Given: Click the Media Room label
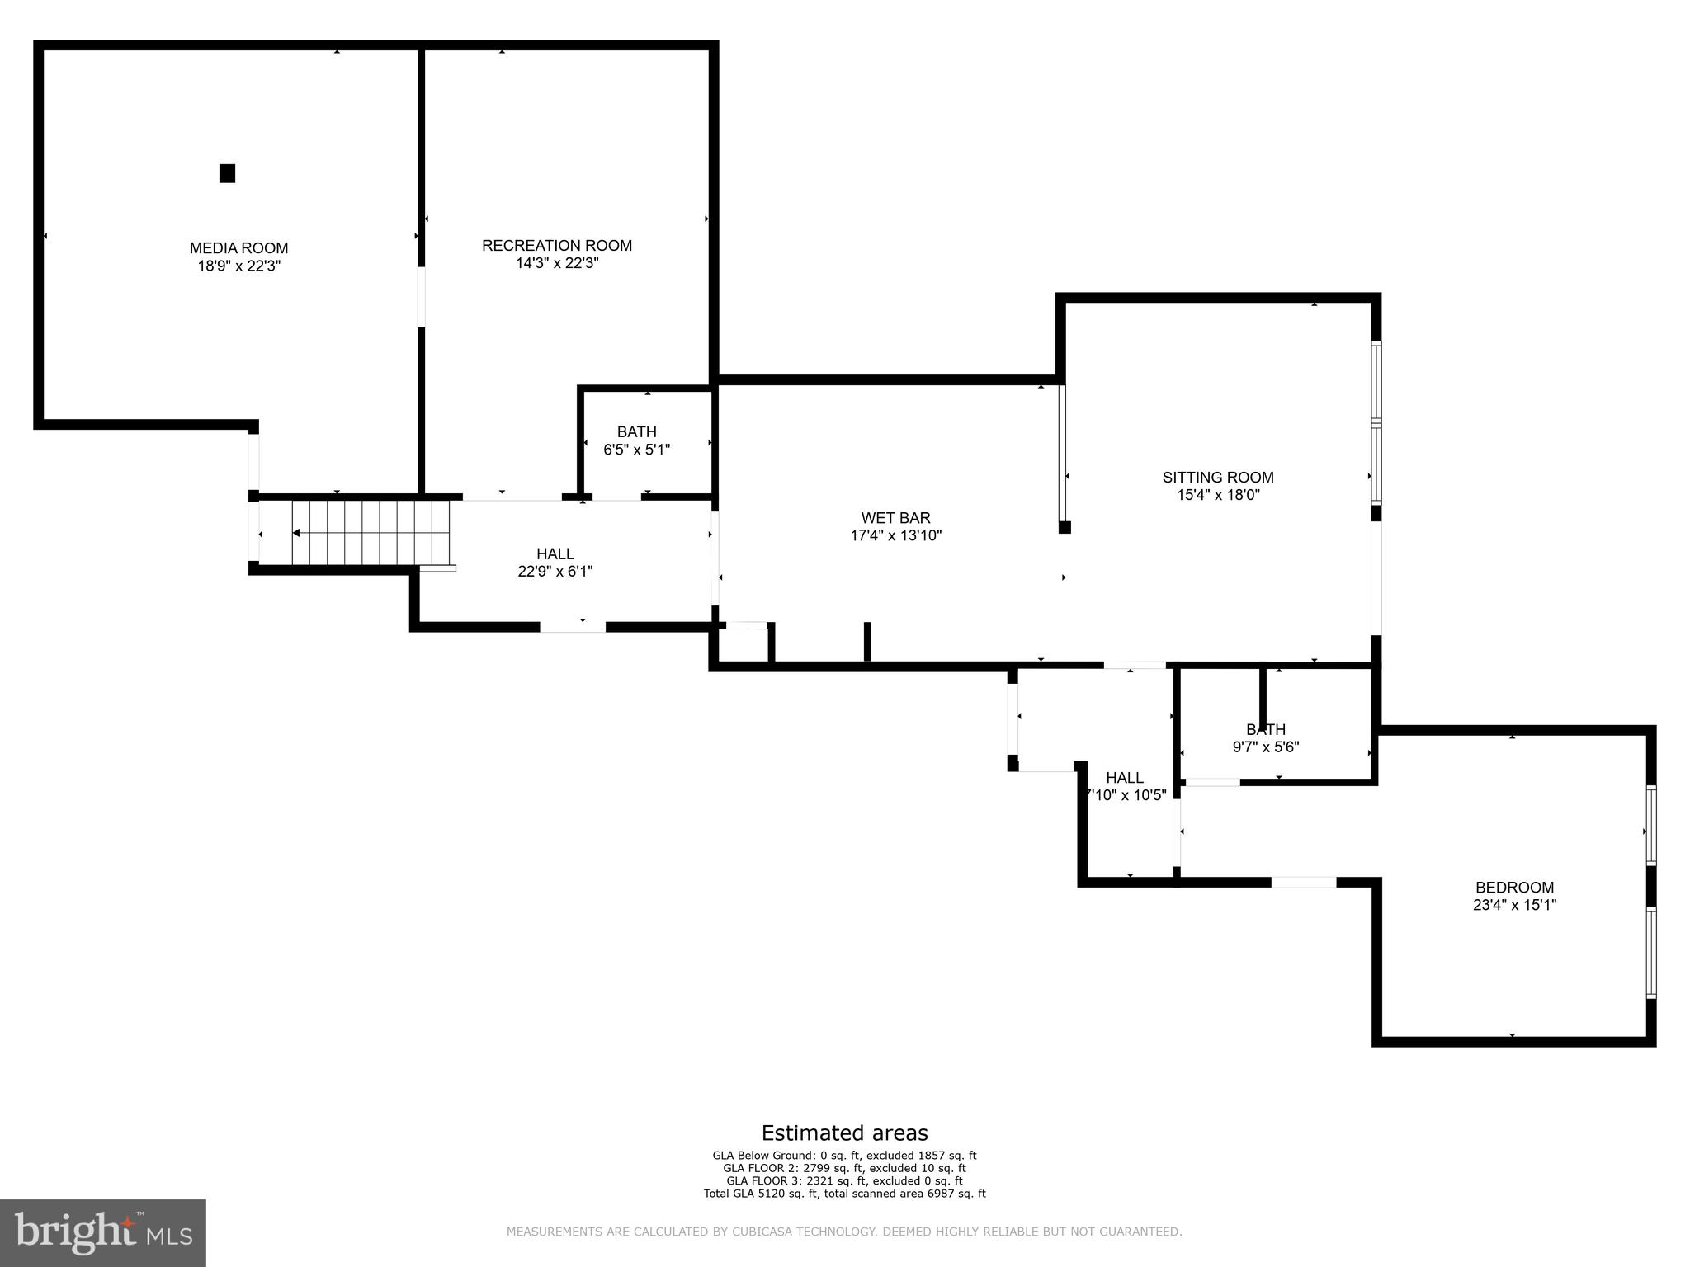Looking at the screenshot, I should [x=238, y=247].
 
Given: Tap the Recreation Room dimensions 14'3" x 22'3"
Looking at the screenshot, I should [x=556, y=263].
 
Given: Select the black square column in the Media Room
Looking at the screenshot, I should [x=227, y=173].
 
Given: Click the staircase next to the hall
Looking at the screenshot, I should [x=371, y=533].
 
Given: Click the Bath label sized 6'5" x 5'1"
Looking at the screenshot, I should [x=636, y=431].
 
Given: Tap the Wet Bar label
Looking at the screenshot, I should [x=895, y=518].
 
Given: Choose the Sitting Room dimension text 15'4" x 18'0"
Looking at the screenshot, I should [x=1218, y=495].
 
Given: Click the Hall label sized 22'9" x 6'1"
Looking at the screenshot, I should [x=555, y=553].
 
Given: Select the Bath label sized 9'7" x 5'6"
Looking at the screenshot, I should [x=1265, y=729].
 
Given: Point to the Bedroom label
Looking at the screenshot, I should [x=1514, y=888].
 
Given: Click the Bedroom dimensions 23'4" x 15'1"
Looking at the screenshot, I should [x=1514, y=905].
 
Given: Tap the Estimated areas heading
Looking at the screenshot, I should [x=844, y=1133].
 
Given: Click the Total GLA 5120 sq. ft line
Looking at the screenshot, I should [x=844, y=1193].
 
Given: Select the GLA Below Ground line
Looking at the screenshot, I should [x=844, y=1156].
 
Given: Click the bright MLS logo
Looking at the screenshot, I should [x=103, y=1232].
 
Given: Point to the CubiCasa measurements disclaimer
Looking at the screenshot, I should [x=844, y=1232].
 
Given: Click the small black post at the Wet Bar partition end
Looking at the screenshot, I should [x=1065, y=527].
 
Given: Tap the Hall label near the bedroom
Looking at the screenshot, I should [x=1125, y=778].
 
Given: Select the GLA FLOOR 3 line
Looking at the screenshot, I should [x=844, y=1180].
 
